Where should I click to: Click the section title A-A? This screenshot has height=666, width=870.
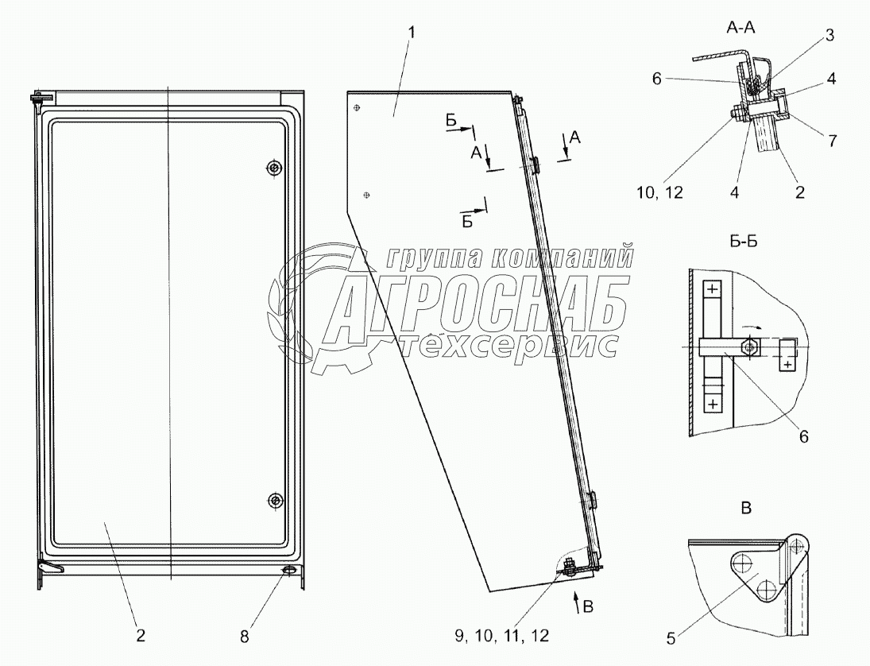coord(740,29)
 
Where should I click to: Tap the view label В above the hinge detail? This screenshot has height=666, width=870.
coord(747,508)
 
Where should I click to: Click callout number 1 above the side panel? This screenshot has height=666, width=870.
coord(411,33)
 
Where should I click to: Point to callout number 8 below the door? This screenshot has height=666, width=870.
coord(245,637)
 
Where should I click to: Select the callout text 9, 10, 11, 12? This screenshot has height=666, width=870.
coord(502,636)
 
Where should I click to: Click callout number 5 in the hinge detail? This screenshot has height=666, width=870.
coord(671,639)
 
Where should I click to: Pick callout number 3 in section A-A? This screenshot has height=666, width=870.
coord(829,36)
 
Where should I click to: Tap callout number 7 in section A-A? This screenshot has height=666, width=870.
coord(833,141)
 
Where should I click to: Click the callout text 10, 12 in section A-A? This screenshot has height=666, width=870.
coord(660,192)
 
